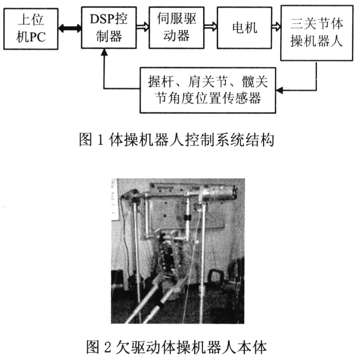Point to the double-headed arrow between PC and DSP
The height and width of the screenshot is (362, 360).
point(69,28)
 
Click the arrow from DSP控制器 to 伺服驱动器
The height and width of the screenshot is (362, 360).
point(143,27)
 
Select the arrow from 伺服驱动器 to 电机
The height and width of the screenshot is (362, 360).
point(210,27)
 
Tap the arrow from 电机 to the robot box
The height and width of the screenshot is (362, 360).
point(276,27)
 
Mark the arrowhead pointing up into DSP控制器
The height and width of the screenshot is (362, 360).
point(104,52)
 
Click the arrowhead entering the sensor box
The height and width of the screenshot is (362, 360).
point(280,90)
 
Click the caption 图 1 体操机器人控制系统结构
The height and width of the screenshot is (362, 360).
point(176,140)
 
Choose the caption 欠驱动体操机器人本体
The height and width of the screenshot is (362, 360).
point(191,347)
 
